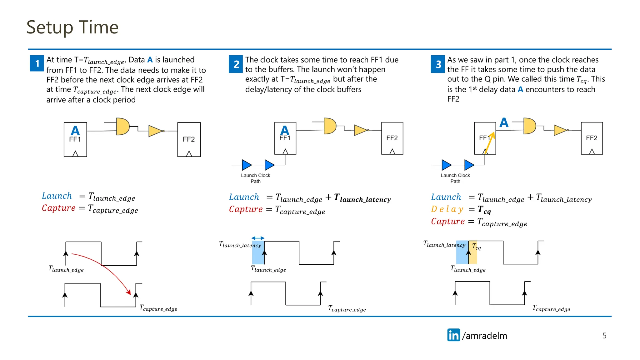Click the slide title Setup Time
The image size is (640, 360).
pyautogui.click(x=72, y=27)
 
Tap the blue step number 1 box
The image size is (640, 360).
pyautogui.click(x=37, y=63)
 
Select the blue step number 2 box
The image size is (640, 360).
pyautogui.click(x=236, y=64)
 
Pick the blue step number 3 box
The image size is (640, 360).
pyautogui.click(x=438, y=64)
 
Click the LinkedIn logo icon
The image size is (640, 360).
pyautogui.click(x=453, y=335)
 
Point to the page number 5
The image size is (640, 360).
pyautogui.click(x=604, y=336)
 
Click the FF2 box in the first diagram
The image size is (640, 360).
pyautogui.click(x=189, y=139)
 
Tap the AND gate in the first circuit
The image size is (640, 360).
pyautogui.click(x=122, y=126)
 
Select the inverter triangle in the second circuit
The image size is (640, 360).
pyautogui.click(x=361, y=130)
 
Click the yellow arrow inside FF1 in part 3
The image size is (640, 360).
pyautogui.click(x=490, y=142)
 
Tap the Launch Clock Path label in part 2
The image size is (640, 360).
pyautogui.click(x=255, y=178)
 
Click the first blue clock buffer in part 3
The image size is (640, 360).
pyautogui.click(x=446, y=165)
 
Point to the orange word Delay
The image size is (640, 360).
pyautogui.click(x=447, y=209)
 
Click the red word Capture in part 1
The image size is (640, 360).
pyautogui.click(x=59, y=208)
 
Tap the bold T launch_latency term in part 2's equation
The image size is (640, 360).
pyautogui.click(x=362, y=198)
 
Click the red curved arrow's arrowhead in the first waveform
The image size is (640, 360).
pyautogui.click(x=128, y=292)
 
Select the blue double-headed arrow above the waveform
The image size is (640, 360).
pyautogui.click(x=258, y=238)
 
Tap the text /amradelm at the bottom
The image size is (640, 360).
pyautogui.click(x=484, y=336)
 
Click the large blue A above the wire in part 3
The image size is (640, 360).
pyautogui.click(x=504, y=122)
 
